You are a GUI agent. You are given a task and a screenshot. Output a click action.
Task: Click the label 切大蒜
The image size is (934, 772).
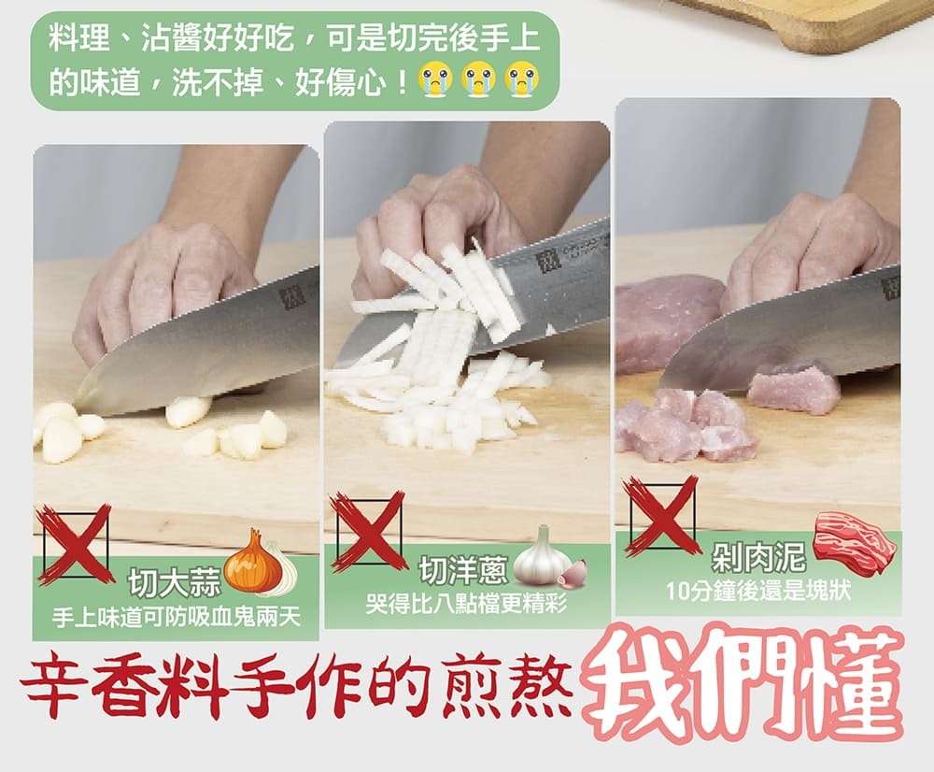coord(175,582)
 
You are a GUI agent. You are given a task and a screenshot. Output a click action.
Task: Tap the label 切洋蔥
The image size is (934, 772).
coord(464,570)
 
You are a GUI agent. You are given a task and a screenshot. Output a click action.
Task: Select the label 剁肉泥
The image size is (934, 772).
coord(758,557)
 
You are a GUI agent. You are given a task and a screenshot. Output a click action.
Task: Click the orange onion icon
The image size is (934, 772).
coord(253,562)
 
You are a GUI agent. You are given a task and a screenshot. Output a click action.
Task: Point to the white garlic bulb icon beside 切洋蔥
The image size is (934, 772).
coord(543,555)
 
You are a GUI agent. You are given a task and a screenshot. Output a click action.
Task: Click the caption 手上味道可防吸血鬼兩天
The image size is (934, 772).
coord(176,618)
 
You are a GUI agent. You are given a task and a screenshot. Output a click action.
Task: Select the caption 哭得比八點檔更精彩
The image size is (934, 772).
coord(466,605)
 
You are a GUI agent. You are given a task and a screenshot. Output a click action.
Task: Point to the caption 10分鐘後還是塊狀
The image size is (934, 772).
coord(758,591)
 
